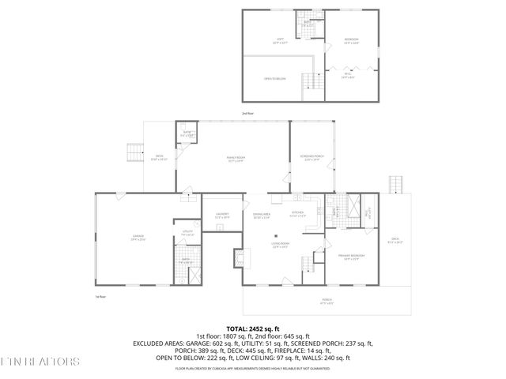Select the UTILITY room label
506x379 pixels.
point(187,231)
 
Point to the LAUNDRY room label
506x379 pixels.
point(222,216)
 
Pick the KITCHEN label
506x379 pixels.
point(298,213)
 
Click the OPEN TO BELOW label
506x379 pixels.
point(275,79)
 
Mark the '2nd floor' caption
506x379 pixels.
point(247,113)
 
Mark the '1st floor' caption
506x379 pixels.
point(101,296)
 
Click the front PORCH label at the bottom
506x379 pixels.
point(327,300)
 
